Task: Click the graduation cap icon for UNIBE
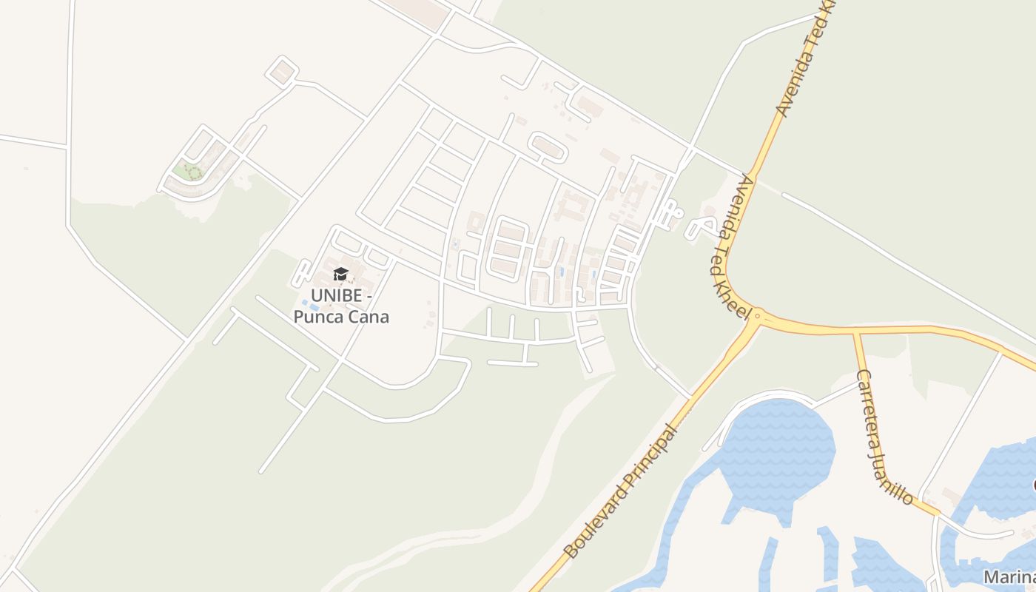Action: click(x=340, y=275)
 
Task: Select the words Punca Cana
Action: click(x=341, y=317)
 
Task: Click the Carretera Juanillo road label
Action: click(x=884, y=436)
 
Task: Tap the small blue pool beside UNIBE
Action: click(x=305, y=303)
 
